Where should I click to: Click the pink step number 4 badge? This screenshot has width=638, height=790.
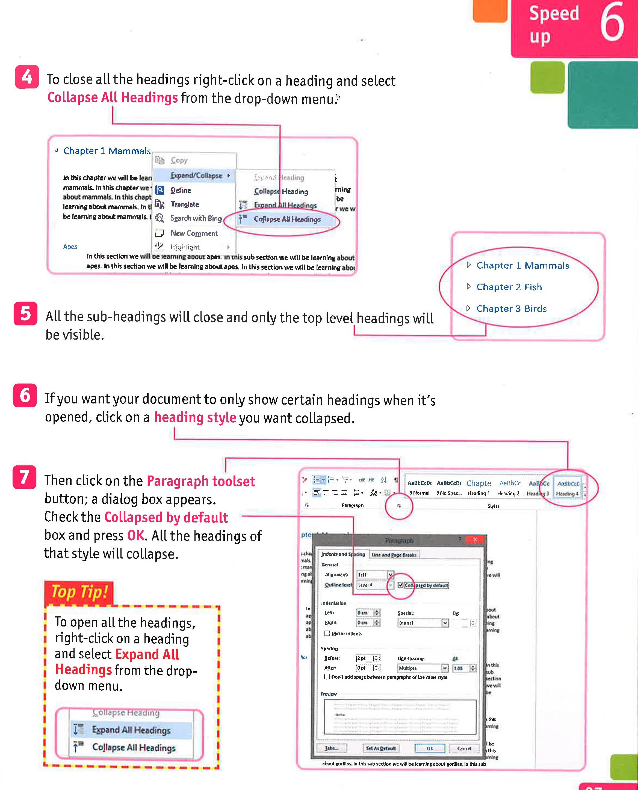26,77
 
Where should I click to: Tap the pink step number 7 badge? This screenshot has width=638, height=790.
24,477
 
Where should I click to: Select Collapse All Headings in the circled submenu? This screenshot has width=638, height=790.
287,219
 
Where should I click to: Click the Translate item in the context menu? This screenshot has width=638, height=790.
185,204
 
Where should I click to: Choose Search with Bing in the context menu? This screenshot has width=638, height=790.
196,218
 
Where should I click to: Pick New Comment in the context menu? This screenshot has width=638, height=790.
194,233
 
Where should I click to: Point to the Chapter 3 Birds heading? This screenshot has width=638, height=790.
511,308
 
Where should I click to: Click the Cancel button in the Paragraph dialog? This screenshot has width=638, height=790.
464,748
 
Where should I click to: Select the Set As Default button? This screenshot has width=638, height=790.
380,748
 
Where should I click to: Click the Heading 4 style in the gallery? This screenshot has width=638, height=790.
567,488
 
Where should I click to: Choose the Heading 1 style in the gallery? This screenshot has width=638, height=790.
478,488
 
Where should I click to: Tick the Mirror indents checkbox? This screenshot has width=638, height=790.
327,633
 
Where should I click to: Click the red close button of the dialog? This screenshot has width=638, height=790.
475,539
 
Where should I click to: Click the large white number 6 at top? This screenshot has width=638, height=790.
612,23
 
